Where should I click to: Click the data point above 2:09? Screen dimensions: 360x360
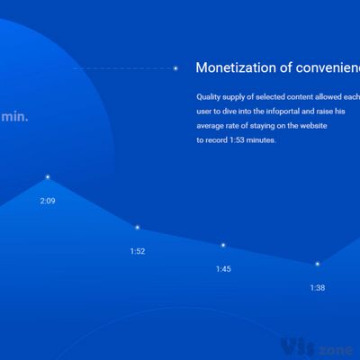point(48,176)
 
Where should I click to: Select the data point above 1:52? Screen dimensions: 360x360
point(137,227)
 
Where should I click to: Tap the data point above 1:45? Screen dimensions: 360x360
point(223,245)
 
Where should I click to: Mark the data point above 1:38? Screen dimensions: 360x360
point(317,264)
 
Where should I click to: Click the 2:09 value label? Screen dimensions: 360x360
point(48,201)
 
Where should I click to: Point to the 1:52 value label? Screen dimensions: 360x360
point(137,251)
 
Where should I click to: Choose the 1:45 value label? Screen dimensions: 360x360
point(223,269)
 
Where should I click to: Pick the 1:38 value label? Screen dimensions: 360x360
point(317,288)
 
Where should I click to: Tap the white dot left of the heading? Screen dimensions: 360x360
point(175,67)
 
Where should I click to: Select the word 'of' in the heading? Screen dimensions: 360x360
point(285,67)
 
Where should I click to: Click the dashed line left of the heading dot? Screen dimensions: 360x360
point(121,67)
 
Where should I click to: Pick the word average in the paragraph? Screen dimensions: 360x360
point(211,126)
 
